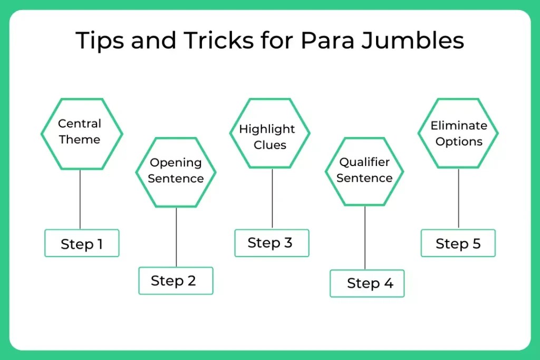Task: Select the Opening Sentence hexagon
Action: click(x=176, y=171)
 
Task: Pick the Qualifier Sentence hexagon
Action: click(x=364, y=171)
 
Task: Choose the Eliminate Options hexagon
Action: click(x=458, y=133)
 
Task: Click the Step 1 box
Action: click(x=82, y=244)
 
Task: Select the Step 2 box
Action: click(x=176, y=280)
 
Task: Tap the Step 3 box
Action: click(x=272, y=243)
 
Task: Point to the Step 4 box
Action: click(x=367, y=284)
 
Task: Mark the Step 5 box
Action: click(x=458, y=244)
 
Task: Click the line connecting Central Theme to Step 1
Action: click(x=80, y=199)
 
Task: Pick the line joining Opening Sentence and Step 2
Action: click(x=176, y=237)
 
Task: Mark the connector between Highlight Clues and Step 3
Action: click(x=272, y=199)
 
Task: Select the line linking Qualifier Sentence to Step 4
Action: click(x=365, y=237)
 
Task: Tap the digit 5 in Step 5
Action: click(x=476, y=244)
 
